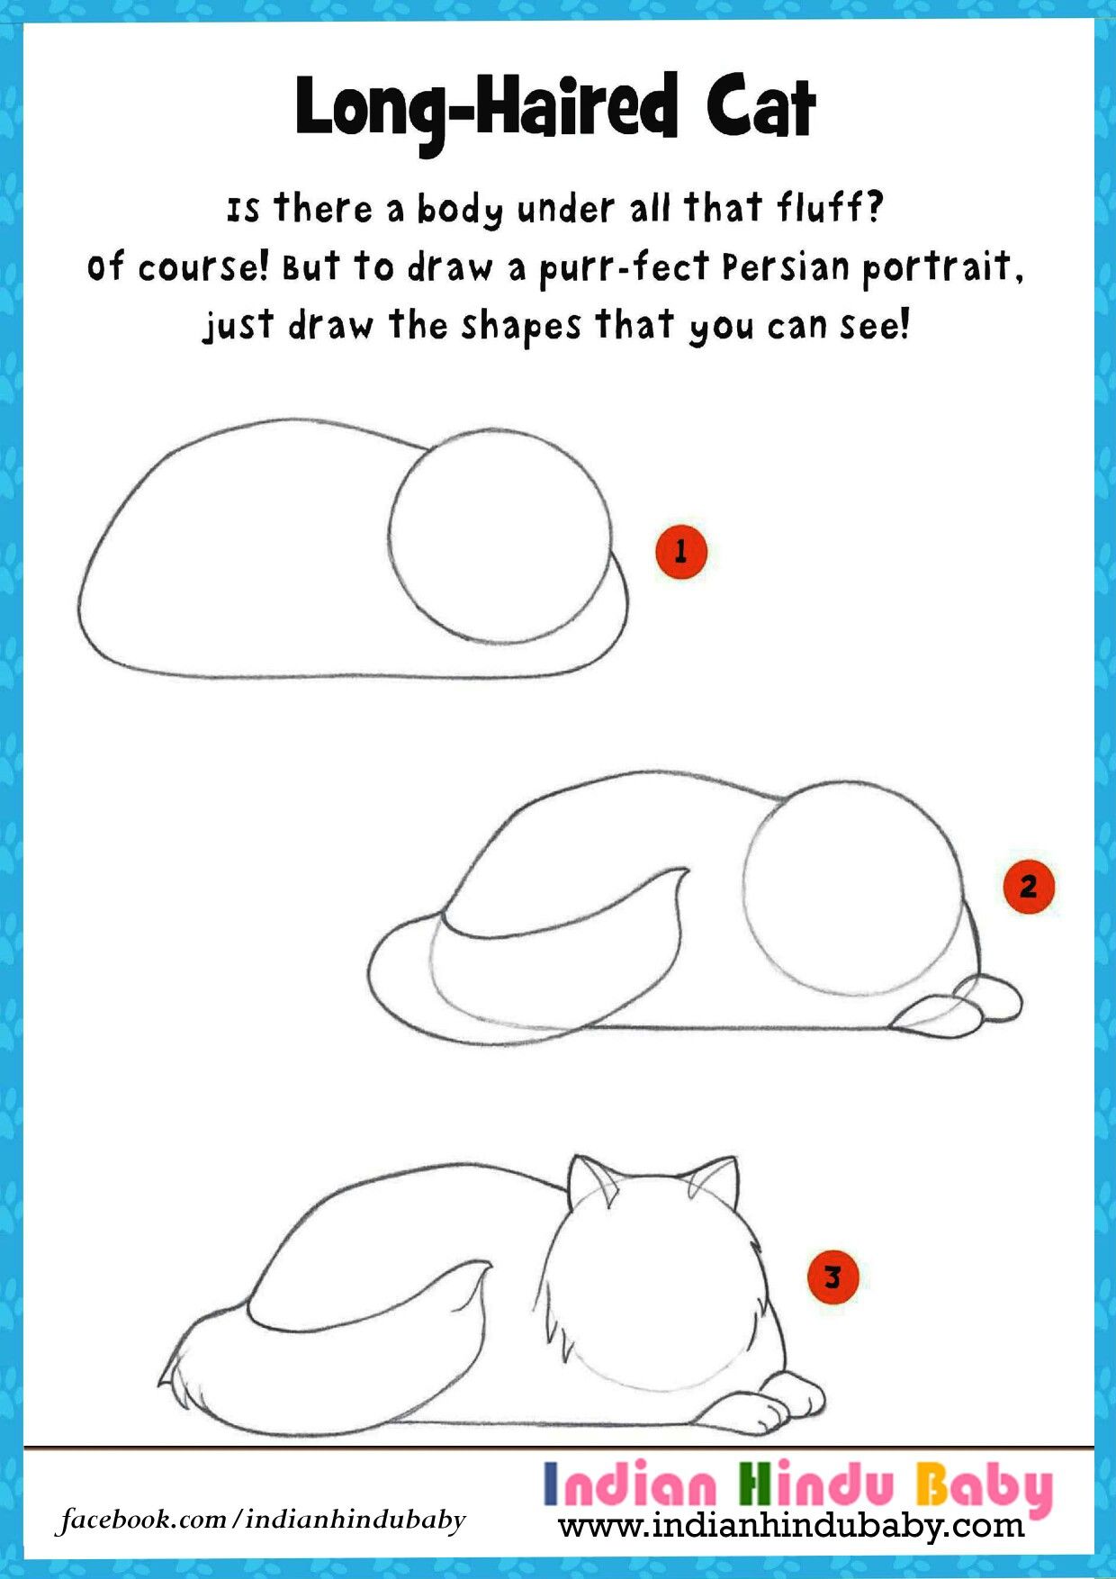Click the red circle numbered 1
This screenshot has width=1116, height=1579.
pyautogui.click(x=681, y=551)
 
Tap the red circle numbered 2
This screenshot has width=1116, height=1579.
pyautogui.click(x=1028, y=888)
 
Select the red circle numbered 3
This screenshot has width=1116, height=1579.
pyautogui.click(x=832, y=1277)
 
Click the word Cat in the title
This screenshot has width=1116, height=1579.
pyautogui.click(x=760, y=108)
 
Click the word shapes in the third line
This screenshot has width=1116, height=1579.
pyautogui.click(x=521, y=326)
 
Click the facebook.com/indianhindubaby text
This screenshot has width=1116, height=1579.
pyautogui.click(x=262, y=1520)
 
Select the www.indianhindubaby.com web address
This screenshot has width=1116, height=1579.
pyautogui.click(x=791, y=1527)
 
